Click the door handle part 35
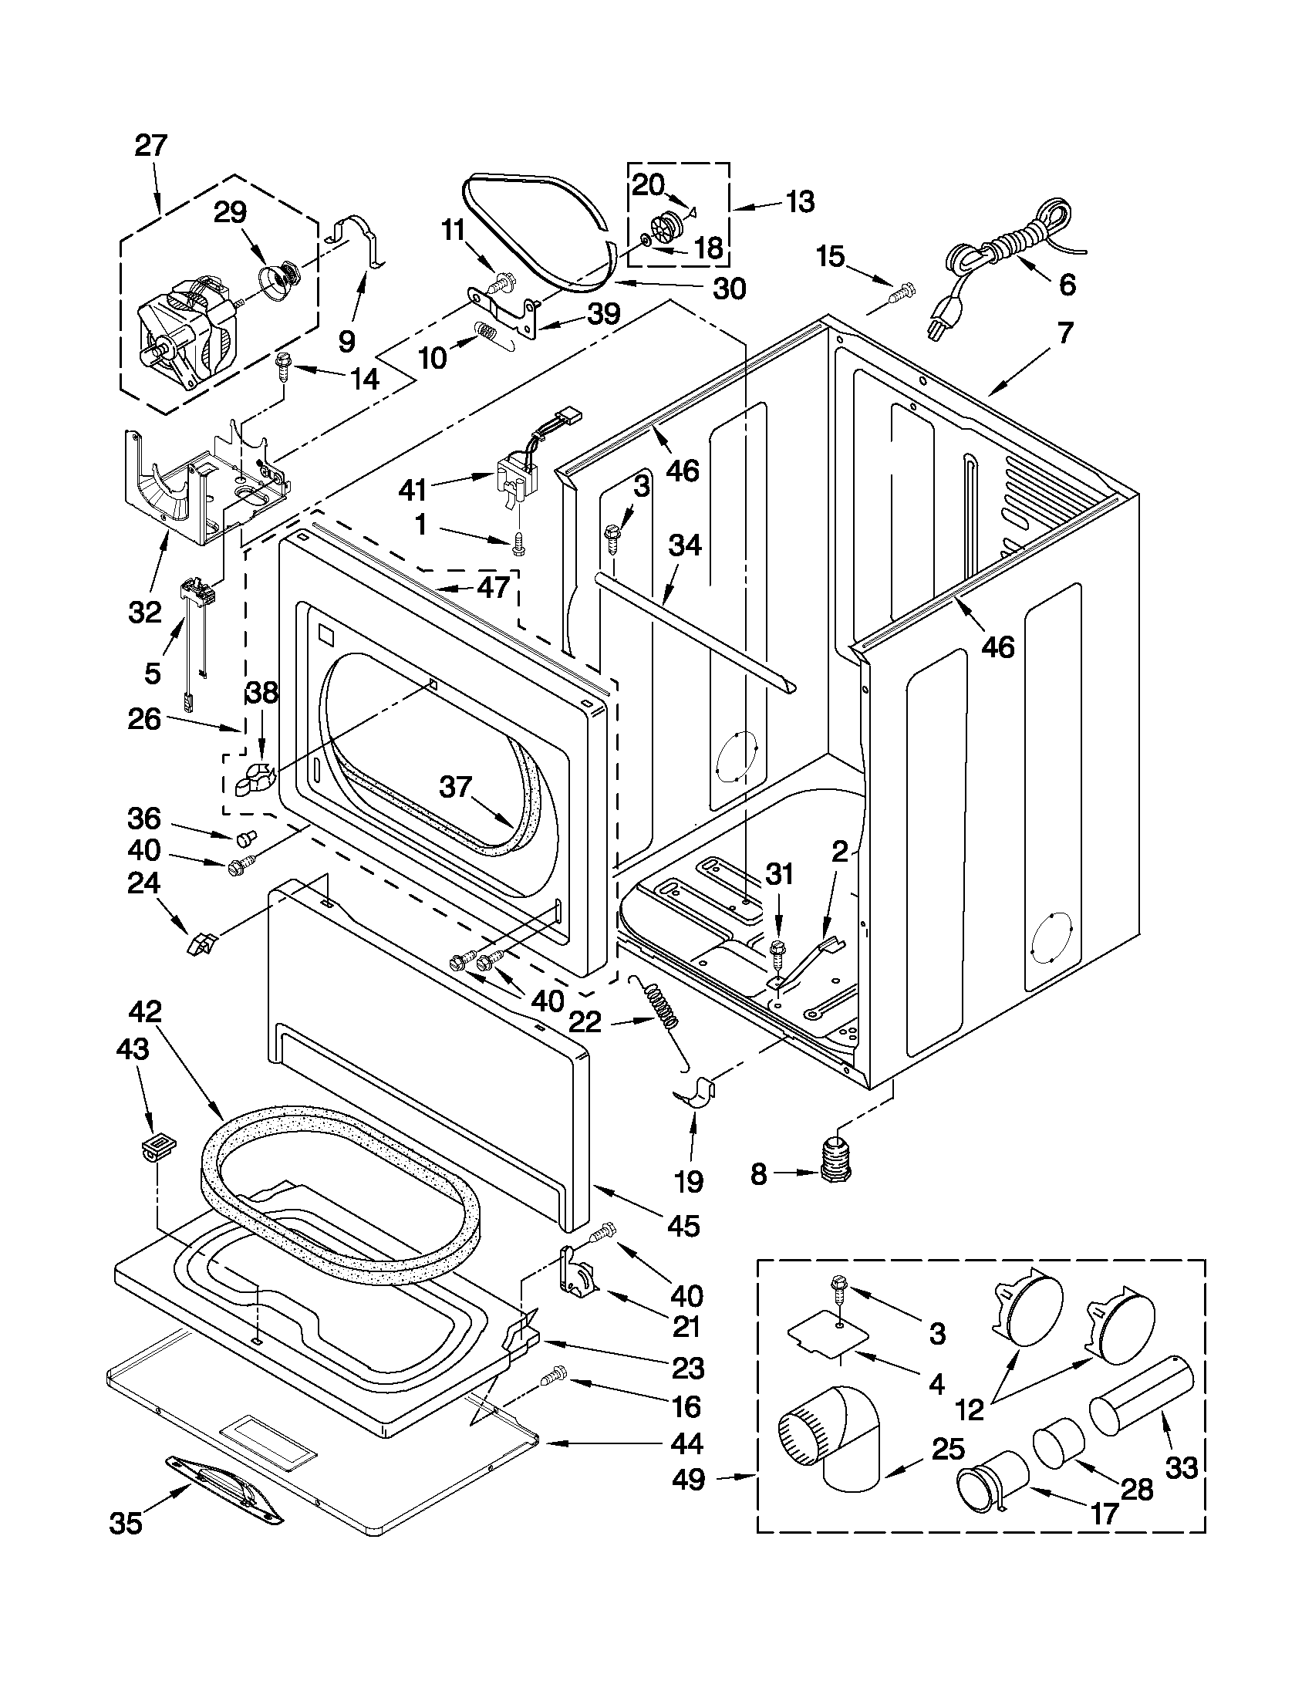point(225,1488)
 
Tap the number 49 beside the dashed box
point(689,1480)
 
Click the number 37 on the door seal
point(457,788)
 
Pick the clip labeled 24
point(201,943)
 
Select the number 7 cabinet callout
point(1064,333)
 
